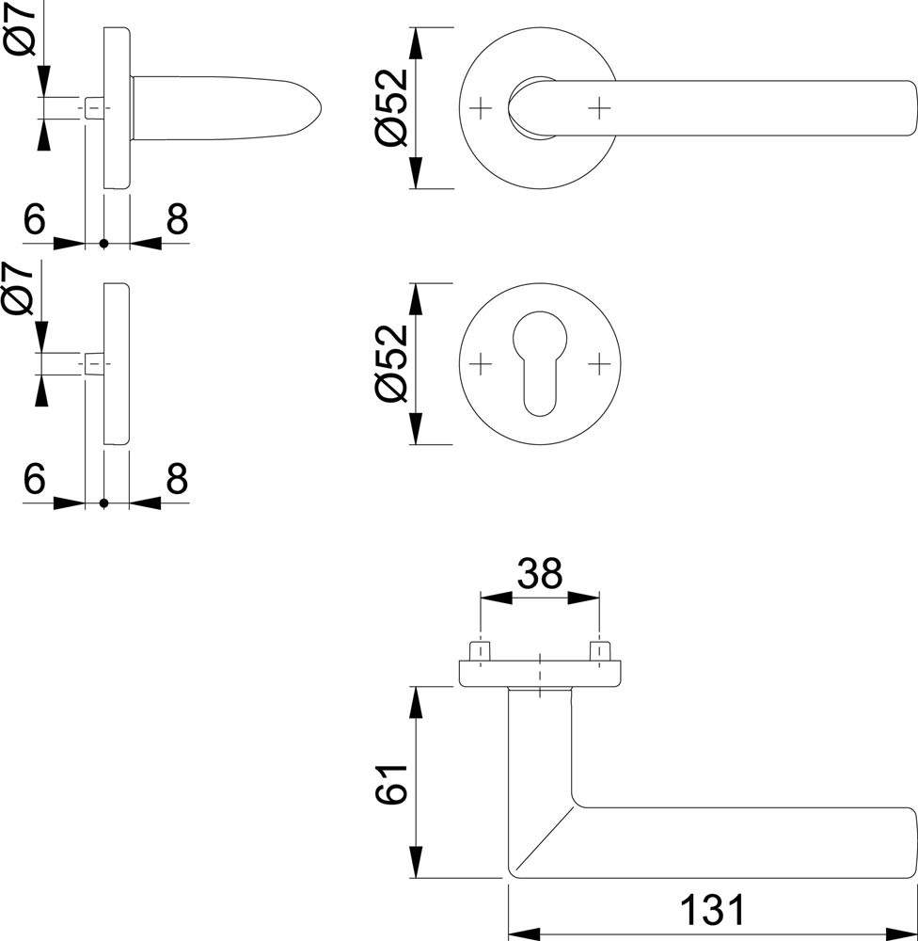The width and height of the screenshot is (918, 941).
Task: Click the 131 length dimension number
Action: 712,910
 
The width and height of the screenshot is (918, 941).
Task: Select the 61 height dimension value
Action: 391,784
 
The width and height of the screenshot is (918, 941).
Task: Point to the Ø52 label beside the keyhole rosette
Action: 391,363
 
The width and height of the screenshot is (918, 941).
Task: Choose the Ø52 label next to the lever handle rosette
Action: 391,108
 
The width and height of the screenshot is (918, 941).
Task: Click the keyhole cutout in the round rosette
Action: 540,363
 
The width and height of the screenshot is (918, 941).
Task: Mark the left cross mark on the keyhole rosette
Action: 480,363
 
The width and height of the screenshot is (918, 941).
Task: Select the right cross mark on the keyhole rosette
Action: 599,363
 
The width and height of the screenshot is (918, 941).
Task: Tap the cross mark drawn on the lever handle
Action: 599,108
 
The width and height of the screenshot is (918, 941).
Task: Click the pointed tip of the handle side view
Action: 322,108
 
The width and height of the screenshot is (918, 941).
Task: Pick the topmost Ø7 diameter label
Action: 23,28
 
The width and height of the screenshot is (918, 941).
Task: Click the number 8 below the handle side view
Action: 177,219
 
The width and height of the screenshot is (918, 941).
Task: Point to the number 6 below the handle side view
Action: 34,219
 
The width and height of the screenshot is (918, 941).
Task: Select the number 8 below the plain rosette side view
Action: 177,478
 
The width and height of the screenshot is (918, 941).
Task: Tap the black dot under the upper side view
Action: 103,244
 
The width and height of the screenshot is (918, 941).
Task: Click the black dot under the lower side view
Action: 103,502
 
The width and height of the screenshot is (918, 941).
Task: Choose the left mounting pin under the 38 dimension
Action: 480,652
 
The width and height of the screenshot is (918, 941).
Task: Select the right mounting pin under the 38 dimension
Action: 599,652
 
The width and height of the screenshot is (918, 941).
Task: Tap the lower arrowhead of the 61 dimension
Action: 415,862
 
